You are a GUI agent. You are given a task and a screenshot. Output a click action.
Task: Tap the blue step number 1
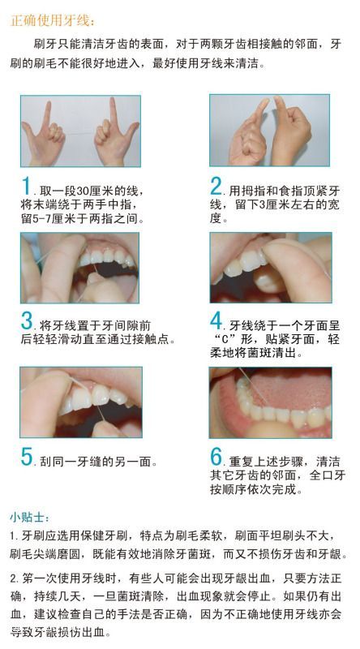point(27,186)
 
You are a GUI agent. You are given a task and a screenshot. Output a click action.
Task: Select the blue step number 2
point(216,186)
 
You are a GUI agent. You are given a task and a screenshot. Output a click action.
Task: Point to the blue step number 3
point(27,320)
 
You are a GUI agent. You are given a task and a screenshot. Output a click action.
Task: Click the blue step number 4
point(216,320)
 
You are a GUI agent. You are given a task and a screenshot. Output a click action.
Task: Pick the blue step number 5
point(27,457)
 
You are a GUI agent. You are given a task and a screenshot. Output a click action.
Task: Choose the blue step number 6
point(216,457)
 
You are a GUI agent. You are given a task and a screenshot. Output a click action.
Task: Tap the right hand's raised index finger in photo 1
point(113,111)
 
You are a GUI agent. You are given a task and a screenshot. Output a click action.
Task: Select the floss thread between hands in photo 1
point(79,133)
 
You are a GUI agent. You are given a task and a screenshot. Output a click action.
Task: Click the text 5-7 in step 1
point(42,218)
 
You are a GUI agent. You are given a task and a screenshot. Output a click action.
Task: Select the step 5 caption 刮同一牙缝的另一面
point(98,462)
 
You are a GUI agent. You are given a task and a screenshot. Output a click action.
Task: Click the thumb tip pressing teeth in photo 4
point(275,252)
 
